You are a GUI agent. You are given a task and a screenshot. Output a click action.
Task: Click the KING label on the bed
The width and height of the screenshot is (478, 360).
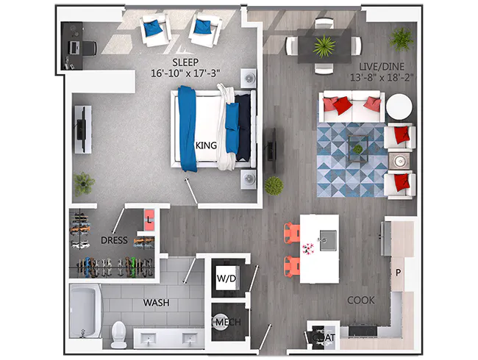point(206,145)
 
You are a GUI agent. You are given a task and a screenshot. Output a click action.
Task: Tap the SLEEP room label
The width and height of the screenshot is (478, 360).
point(188,62)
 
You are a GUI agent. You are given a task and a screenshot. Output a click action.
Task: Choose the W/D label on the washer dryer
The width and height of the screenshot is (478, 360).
point(225,278)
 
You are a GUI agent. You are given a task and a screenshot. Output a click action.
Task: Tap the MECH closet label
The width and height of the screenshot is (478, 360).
point(225,322)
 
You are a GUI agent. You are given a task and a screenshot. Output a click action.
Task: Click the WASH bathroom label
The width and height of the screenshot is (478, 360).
point(156,302)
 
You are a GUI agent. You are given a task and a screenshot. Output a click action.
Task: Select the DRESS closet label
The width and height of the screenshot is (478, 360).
point(114,240)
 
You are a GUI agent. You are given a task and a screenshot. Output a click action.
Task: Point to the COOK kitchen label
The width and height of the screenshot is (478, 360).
point(361,300)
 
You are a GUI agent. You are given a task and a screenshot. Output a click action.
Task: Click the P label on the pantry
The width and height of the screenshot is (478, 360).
point(398,273)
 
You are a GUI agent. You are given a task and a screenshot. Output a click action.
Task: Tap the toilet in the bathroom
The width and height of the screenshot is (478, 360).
point(119,334)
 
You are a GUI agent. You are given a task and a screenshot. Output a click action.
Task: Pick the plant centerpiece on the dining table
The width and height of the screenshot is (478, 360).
point(323,46)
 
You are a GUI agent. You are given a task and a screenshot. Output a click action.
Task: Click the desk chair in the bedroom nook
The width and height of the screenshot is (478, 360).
point(86,47)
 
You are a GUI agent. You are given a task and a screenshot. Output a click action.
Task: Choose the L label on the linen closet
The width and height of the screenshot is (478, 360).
point(149,219)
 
